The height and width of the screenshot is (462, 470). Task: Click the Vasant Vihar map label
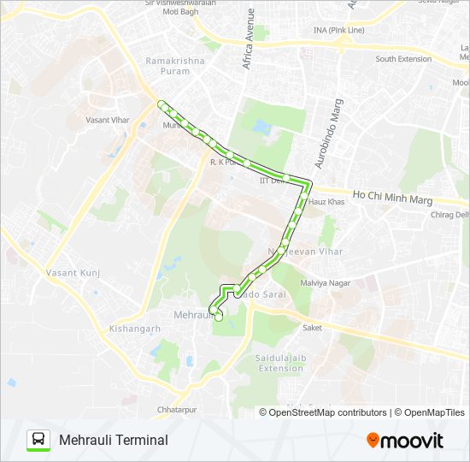point(108,121)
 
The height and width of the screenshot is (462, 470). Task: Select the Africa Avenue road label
point(249,39)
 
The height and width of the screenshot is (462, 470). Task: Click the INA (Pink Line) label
point(338,31)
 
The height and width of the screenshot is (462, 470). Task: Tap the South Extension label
point(403,59)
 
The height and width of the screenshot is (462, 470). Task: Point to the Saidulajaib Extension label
point(280,363)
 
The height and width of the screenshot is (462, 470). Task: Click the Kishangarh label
point(135,329)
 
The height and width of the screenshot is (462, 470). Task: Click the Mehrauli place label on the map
point(191,316)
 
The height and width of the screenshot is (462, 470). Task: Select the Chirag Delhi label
point(451,215)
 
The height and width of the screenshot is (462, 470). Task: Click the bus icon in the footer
point(38,440)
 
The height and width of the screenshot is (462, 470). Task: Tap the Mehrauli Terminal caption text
point(114,440)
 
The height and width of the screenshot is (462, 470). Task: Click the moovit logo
point(405,440)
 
